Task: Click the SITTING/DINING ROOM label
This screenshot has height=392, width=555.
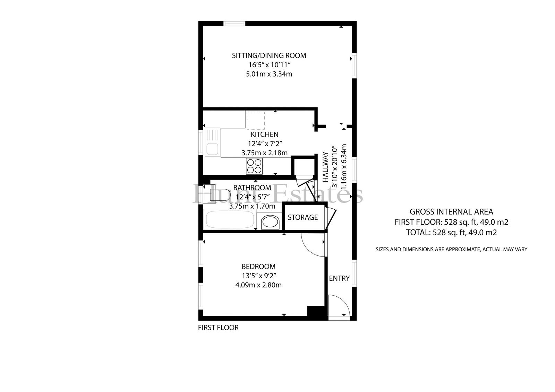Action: coord(269,56)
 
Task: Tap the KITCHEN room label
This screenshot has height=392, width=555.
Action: coord(265,134)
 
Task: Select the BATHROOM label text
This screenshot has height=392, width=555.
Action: coord(252,188)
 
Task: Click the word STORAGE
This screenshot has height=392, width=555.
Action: coord(303,217)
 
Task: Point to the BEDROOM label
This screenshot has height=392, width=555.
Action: coord(258,267)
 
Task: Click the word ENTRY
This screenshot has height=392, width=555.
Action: coord(339,278)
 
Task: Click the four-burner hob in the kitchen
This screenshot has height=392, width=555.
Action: coord(254,166)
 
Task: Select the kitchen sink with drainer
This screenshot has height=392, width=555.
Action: coord(213,142)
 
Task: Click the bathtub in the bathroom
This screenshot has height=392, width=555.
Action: coord(230,219)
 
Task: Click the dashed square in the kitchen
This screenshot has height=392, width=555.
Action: coord(255,120)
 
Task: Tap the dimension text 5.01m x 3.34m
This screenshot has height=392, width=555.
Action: coord(269,74)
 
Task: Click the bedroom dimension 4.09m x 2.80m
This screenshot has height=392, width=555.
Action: coord(258,285)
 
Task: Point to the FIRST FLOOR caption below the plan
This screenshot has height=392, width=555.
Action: coord(218,328)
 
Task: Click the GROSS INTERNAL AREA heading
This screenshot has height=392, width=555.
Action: coord(451,212)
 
